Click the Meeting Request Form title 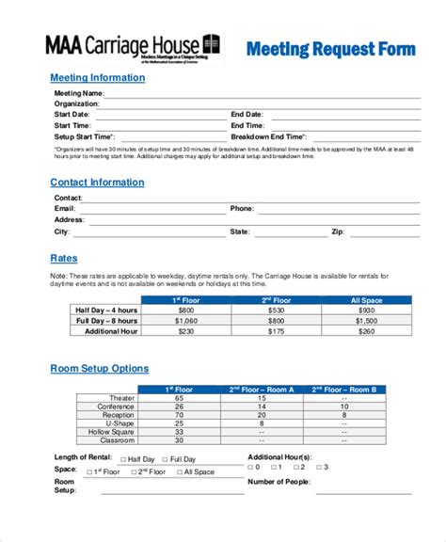point(329,48)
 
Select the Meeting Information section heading point(97,77)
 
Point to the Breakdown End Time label point(269,135)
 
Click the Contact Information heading point(97,183)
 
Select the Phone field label point(242,208)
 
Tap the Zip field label point(338,231)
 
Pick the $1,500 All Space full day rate point(366,321)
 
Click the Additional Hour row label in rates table point(111,331)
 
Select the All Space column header point(366,300)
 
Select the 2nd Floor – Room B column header point(344,389)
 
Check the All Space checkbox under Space point(178,471)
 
